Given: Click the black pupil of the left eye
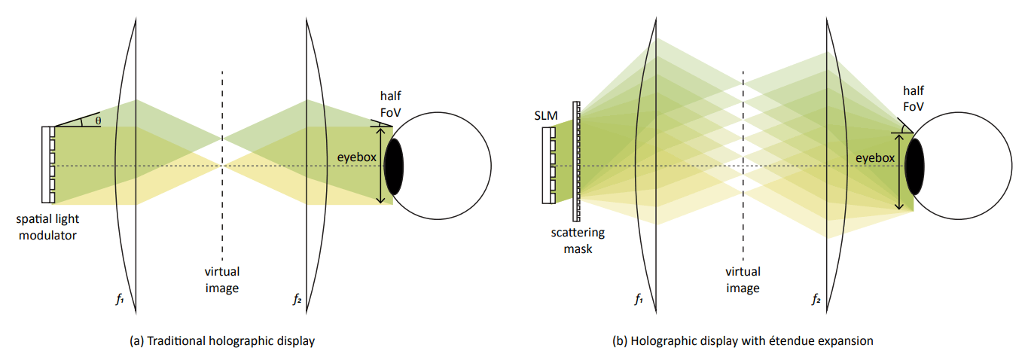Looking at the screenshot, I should (393, 165).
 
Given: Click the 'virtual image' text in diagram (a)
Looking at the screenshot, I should (222, 279).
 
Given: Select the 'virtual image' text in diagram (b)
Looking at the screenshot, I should (743, 279).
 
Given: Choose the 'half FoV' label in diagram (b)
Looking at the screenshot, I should (914, 99).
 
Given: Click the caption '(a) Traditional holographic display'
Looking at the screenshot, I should (222, 341).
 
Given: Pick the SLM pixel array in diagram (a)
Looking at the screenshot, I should (50, 165).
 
